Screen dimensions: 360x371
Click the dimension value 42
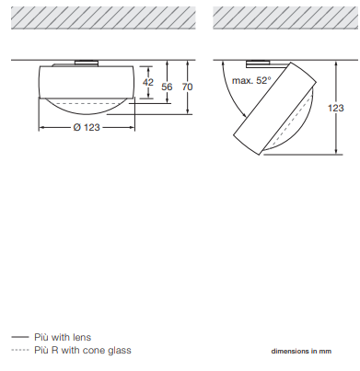[148, 83]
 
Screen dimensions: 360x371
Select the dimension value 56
[167, 87]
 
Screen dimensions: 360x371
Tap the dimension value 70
[187, 87]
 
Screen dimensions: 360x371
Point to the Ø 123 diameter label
[87, 127]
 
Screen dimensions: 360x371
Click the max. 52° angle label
[251, 80]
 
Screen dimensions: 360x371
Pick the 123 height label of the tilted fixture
[335, 108]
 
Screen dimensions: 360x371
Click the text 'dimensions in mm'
[301, 351]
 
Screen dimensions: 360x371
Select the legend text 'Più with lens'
[63, 337]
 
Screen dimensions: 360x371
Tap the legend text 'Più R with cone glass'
[83, 350]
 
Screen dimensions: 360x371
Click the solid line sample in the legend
[20, 337]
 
